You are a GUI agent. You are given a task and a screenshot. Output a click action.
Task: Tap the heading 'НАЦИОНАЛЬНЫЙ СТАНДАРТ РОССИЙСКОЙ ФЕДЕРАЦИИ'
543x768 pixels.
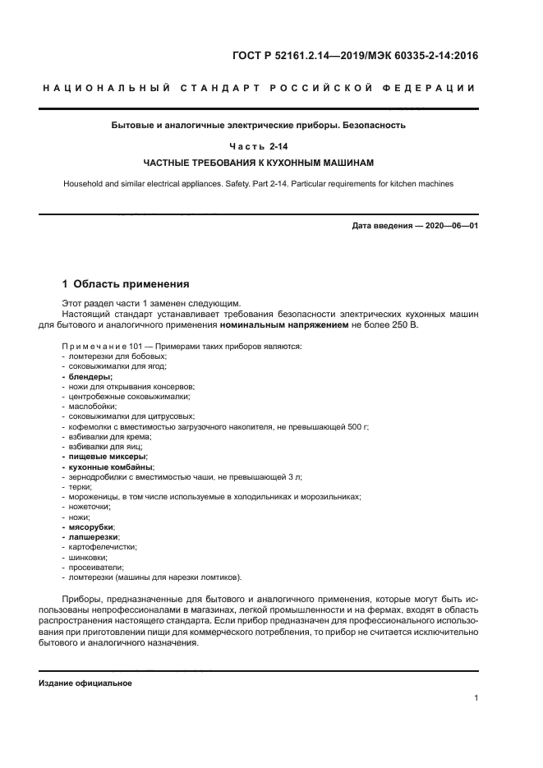258,88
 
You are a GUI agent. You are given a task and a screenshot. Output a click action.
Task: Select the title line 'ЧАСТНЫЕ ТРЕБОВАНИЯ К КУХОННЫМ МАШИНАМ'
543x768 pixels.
258,163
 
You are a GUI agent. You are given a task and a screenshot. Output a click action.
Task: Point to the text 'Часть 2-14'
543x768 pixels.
258,145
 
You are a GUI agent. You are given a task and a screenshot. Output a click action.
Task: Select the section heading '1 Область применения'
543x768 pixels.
126,284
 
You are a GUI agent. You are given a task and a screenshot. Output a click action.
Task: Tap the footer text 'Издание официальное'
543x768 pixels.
85,683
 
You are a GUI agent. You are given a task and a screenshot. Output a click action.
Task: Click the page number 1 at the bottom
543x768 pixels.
476,698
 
